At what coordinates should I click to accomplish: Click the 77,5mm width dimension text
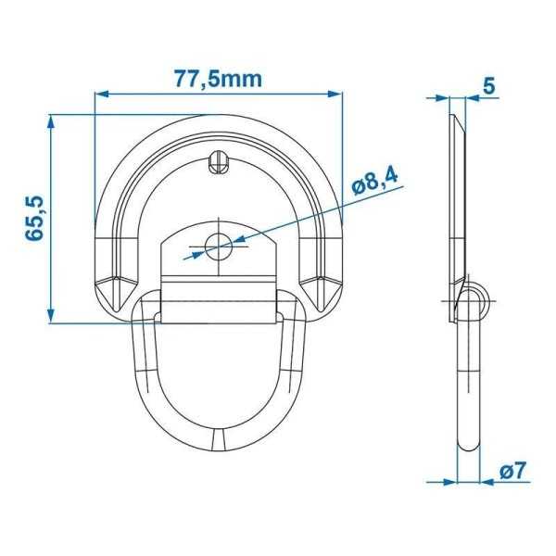pos(219,79)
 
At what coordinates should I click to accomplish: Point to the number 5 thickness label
pos(489,85)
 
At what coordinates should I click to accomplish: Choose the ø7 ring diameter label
pos(512,471)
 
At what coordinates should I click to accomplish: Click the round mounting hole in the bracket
pos(220,246)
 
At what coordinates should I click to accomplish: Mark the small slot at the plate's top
pos(219,163)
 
